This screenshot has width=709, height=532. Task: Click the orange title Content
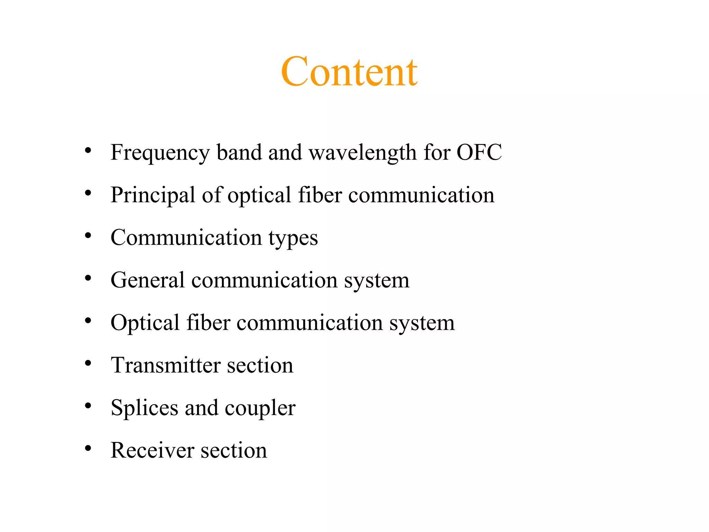[349, 72]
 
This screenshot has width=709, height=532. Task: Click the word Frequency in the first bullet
[160, 153]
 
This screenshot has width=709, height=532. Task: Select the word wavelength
[362, 153]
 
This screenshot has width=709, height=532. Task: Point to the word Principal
[153, 195]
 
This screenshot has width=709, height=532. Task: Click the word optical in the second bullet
[259, 195]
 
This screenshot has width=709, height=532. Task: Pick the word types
[293, 238]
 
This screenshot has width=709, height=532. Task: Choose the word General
[147, 280]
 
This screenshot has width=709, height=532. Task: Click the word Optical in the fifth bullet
[145, 323]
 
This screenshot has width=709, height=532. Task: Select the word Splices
[144, 408]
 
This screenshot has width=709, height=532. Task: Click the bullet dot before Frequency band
[88, 151]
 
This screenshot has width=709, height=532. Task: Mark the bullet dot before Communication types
[88, 236]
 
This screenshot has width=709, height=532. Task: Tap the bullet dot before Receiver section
[88, 448]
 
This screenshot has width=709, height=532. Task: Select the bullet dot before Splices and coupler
[88, 406]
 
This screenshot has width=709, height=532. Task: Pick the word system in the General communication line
[377, 281]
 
